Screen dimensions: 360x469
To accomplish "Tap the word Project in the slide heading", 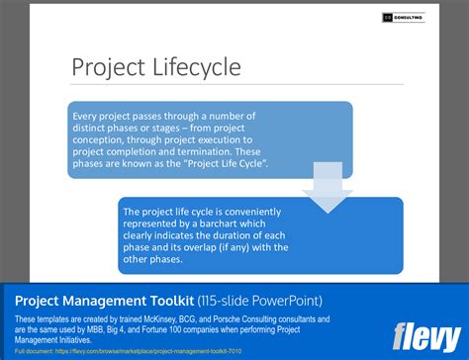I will click(107, 68).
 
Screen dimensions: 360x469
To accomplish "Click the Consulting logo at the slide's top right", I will click(402, 18).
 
